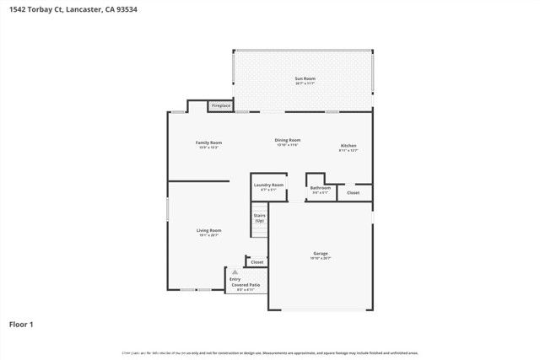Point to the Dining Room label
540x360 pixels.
click(x=288, y=140)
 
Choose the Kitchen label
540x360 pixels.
click(x=348, y=145)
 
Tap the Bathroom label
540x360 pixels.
click(x=320, y=188)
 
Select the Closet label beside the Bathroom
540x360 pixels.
click(x=353, y=193)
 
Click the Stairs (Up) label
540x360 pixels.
click(x=260, y=218)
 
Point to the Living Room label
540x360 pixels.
click(x=208, y=230)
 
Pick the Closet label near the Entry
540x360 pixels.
click(x=256, y=262)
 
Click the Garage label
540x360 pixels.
click(x=321, y=253)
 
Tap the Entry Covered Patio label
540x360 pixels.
click(x=246, y=282)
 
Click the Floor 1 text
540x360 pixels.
click(x=20, y=324)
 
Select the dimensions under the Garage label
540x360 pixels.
click(x=321, y=258)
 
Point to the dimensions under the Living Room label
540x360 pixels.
click(x=208, y=235)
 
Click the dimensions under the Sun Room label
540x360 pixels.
click(x=305, y=83)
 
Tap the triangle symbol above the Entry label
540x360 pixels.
click(x=235, y=272)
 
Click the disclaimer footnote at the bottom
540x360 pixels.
click(x=270, y=352)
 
